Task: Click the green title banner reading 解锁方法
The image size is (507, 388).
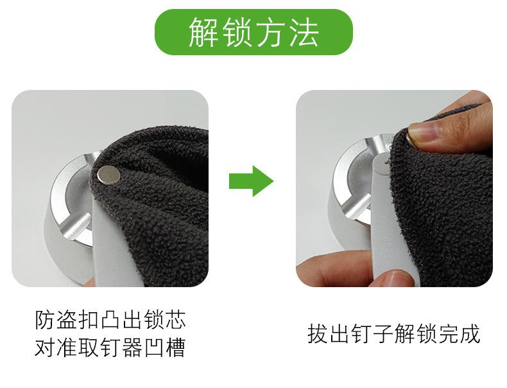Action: click(x=253, y=32)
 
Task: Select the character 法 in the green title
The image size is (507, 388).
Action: click(x=304, y=33)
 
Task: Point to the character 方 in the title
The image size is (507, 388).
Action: click(x=270, y=33)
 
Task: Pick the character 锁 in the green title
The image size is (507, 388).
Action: click(x=237, y=33)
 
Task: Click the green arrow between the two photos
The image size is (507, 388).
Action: click(x=251, y=181)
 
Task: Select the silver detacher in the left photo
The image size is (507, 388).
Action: click(x=64, y=212)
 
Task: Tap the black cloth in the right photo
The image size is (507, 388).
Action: click(x=443, y=206)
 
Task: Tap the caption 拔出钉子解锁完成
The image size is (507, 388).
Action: click(x=393, y=335)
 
